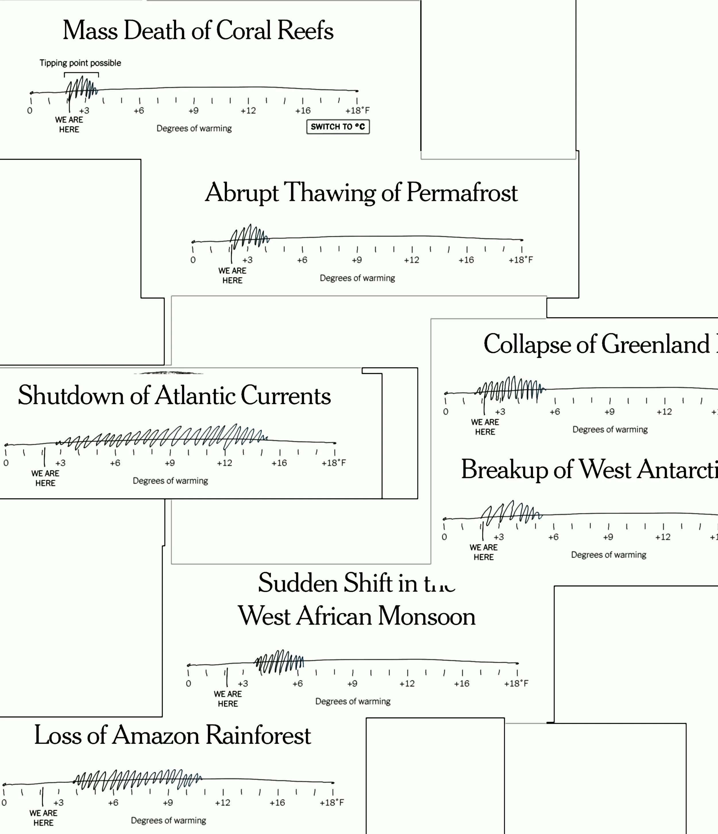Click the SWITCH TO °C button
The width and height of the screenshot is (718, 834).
click(x=337, y=127)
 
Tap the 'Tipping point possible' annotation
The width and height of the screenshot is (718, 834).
click(x=80, y=63)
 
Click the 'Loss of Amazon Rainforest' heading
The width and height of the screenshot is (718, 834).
click(x=172, y=735)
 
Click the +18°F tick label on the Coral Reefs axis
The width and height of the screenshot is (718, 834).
click(x=357, y=110)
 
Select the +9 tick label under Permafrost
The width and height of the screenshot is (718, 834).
click(x=357, y=260)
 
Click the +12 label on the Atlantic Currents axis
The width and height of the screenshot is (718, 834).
click(x=225, y=463)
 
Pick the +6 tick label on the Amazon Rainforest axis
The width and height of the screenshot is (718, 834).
click(x=113, y=803)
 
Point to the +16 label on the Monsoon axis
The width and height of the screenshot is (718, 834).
click(x=462, y=683)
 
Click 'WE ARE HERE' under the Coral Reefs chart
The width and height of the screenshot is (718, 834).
click(x=69, y=124)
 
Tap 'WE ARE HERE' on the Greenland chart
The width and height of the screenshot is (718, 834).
click(x=485, y=427)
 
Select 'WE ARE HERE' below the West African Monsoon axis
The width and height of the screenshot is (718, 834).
click(x=228, y=699)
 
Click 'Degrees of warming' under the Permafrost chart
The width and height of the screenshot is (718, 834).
click(x=357, y=278)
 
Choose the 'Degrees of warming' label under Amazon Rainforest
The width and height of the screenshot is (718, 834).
click(x=168, y=820)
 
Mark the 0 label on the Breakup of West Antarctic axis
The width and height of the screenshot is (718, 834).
click(x=444, y=537)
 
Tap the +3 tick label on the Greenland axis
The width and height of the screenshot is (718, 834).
click(x=500, y=412)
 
